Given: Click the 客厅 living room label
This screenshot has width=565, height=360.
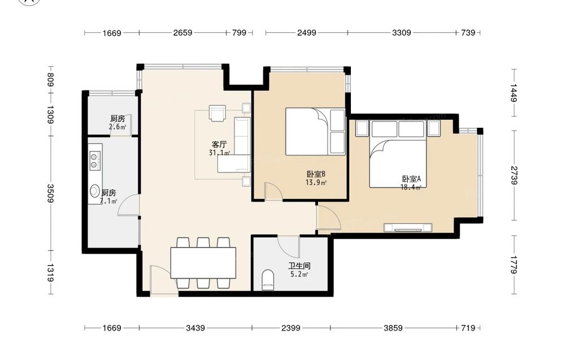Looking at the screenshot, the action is [219, 145].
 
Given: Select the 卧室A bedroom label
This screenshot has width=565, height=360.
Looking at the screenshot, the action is [411, 179].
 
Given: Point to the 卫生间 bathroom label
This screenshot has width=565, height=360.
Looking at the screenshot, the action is [299, 266].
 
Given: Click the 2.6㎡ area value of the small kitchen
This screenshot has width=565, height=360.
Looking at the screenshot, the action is [118, 127].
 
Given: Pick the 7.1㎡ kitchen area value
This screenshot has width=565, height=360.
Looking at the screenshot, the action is [108, 201].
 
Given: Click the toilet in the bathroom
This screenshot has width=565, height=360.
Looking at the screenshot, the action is [268, 280].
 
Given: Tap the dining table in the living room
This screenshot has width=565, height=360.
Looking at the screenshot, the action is [203, 263].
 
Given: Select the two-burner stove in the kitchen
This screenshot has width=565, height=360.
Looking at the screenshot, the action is [94, 161].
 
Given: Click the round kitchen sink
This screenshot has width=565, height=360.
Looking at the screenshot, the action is [94, 190].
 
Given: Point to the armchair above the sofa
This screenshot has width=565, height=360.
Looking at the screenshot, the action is [218, 113].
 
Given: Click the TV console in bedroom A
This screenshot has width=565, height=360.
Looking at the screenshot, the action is [408, 228].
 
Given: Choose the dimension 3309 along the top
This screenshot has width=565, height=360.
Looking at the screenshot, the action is [401, 33].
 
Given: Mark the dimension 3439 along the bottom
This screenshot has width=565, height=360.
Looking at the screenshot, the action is [195, 328].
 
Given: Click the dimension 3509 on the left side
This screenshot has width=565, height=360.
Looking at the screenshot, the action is [50, 193].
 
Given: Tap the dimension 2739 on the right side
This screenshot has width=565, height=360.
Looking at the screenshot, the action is [514, 176].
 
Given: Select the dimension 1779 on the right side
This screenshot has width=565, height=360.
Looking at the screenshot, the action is [514, 265].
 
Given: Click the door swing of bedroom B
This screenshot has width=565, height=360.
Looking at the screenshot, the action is [273, 191].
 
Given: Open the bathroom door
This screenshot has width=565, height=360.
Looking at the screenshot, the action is [289, 246].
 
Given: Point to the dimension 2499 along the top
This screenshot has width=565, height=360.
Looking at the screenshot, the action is [307, 33].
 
